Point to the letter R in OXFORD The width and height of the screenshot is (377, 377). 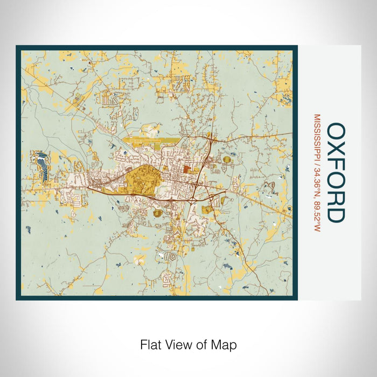point(337,198)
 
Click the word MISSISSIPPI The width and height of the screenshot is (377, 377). point(317,136)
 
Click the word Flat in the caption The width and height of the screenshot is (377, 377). point(150,344)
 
